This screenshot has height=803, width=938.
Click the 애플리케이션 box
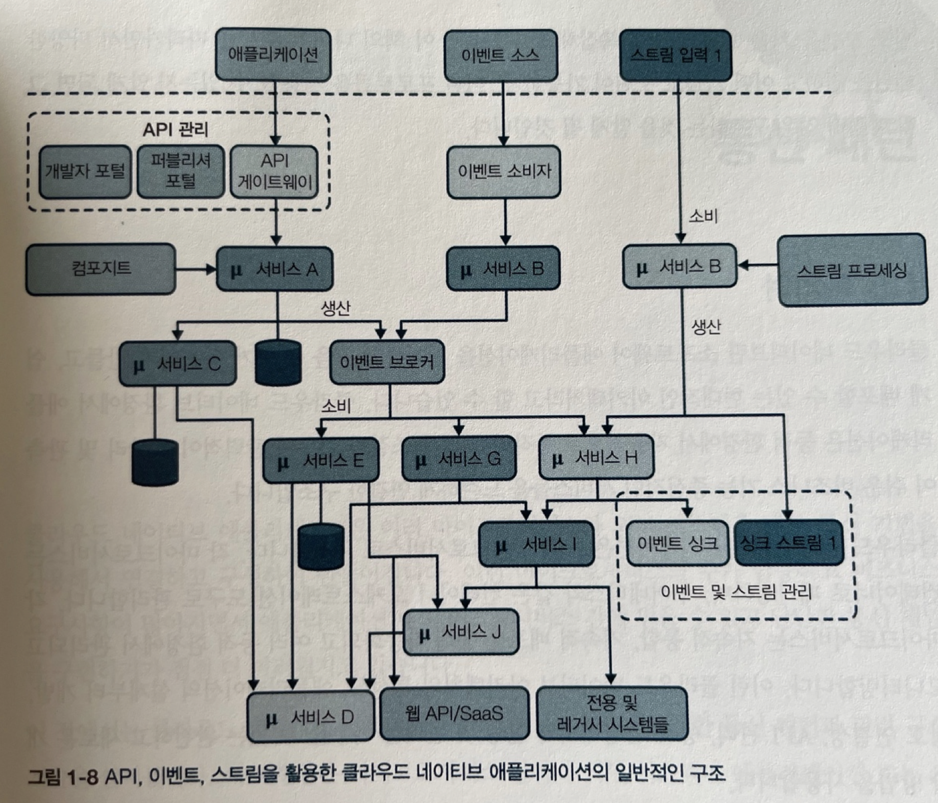pos(273,55)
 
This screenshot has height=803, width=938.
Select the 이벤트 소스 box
pos(501,55)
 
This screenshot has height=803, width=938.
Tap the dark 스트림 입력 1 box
pos(675,55)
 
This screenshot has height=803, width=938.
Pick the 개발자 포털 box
pos(85,172)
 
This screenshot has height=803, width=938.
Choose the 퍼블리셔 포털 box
pos(181,172)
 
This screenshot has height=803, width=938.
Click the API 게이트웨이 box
pos(274,172)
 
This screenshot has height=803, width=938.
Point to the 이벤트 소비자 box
pos(504,172)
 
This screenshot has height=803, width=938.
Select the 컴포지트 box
pos(100,268)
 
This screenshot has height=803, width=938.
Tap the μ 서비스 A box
pos(274,269)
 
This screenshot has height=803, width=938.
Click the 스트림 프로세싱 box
pos(852,270)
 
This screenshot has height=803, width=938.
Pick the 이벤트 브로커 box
pos(387,362)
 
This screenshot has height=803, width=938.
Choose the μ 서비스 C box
pos(177,364)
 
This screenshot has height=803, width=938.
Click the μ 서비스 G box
pos(458,459)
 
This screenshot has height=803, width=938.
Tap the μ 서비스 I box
pos(536,544)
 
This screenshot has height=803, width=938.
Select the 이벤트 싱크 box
pos(678,543)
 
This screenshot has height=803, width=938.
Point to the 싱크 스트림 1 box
pos(788,543)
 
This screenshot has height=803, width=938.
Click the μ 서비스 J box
pos(461,632)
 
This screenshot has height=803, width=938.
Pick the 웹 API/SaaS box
pos(454,713)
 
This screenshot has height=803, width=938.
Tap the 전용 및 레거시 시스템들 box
pos(612,713)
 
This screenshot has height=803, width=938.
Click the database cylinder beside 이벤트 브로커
pos(278,363)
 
